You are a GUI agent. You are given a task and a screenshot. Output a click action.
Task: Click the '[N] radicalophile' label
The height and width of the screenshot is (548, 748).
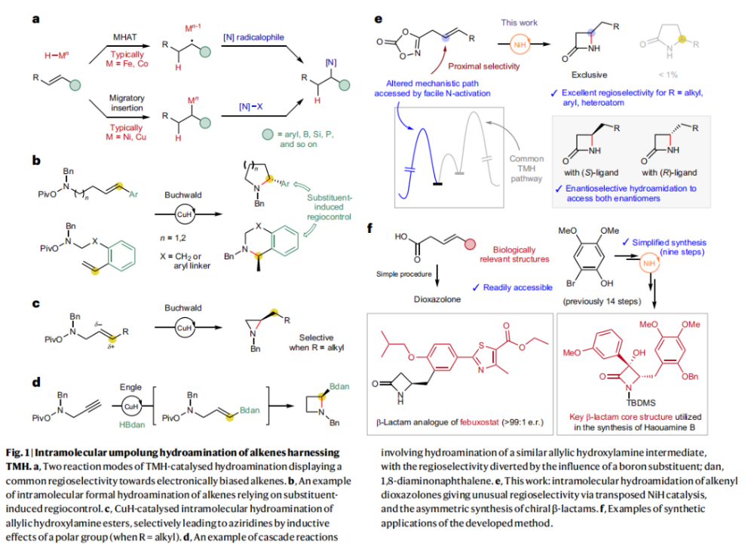(x=254, y=36)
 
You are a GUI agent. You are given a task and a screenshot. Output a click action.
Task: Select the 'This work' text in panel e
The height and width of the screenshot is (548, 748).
(x=520, y=23)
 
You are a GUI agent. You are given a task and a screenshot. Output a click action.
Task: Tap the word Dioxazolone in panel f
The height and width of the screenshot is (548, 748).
(x=419, y=297)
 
